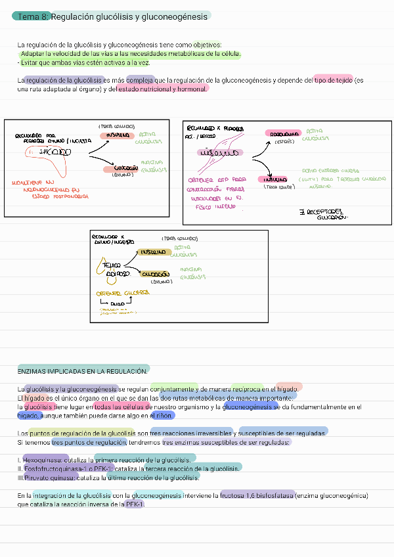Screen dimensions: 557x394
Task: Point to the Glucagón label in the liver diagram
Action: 121,168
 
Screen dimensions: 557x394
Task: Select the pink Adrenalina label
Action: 285,133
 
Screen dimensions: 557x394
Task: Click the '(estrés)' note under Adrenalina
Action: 284,141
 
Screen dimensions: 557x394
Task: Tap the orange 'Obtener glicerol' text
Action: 123,292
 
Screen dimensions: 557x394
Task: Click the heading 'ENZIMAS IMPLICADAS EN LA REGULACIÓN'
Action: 83,372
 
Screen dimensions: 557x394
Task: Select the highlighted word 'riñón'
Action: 165,416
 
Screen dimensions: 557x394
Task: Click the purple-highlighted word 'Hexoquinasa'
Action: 45,459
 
